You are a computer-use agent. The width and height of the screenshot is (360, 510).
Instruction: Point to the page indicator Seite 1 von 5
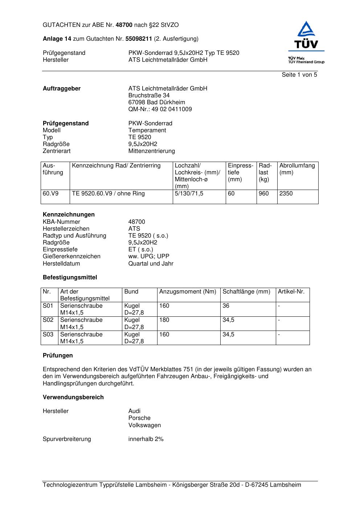tap(299, 75)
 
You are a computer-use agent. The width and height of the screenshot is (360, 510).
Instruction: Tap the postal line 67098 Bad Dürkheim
tap(156, 102)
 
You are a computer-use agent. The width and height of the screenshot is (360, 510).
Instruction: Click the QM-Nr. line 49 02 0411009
tap(160, 109)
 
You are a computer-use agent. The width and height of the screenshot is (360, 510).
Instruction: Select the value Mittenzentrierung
tap(151, 151)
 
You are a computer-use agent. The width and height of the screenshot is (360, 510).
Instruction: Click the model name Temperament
tap(147, 130)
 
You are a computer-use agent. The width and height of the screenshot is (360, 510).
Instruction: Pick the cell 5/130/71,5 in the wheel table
tap(189, 194)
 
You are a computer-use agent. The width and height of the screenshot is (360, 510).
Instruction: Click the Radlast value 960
tap(263, 194)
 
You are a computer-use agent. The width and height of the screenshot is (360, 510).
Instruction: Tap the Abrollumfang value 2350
tap(286, 194)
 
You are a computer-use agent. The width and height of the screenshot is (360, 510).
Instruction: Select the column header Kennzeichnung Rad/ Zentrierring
tap(116, 166)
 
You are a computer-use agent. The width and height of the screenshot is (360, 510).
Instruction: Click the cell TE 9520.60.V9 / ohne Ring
tap(108, 194)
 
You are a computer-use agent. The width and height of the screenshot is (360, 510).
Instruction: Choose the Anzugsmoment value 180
tap(164, 320)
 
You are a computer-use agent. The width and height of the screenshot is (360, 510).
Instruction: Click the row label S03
tap(48, 335)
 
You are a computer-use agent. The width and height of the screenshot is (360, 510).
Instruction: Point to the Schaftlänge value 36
tap(226, 306)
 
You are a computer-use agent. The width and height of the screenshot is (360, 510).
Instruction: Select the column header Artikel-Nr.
tap(291, 292)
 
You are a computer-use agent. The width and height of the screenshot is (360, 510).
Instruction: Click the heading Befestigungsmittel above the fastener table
tap(70, 278)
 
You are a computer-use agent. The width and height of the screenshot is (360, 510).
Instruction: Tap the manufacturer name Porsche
tap(139, 418)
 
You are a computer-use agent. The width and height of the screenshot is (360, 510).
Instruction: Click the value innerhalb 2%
tap(146, 439)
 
